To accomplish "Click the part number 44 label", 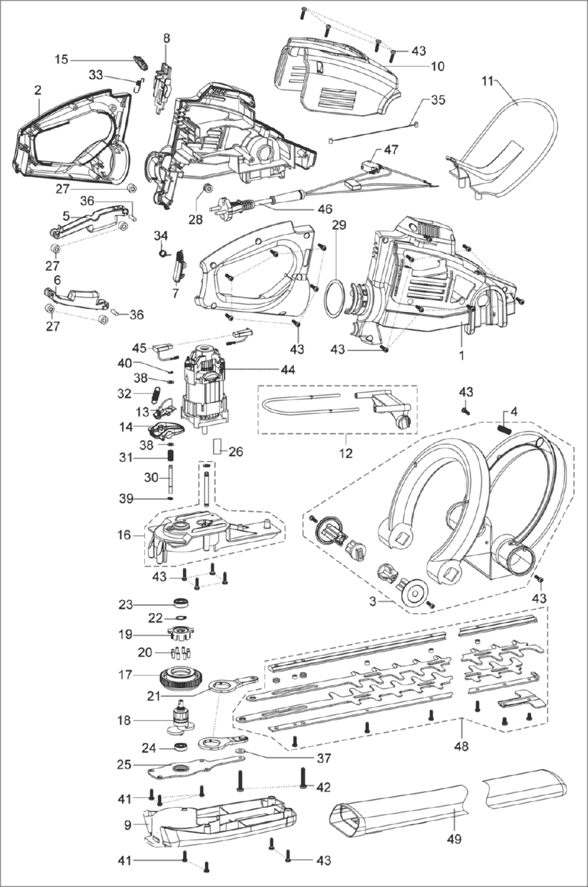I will click(287, 370).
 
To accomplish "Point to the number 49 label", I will click(453, 839).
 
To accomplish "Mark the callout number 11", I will click(487, 81).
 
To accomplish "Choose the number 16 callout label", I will click(123, 535).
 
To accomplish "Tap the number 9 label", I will click(127, 824).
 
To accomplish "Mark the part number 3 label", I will click(372, 601).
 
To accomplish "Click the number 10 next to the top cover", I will click(437, 66).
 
